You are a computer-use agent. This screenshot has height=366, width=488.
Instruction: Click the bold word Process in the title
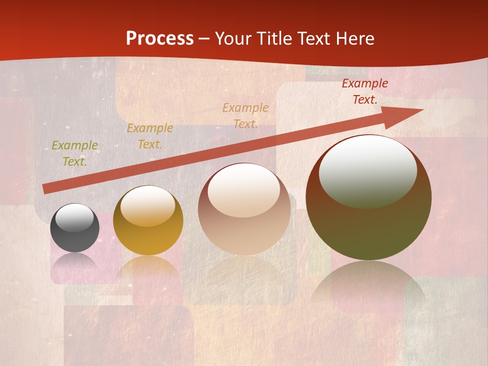click(x=160, y=39)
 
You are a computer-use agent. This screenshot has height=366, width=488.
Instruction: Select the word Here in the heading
click(x=355, y=39)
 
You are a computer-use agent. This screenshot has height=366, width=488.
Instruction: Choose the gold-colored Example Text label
click(x=150, y=136)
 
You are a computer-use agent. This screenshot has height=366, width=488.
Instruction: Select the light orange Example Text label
click(x=246, y=115)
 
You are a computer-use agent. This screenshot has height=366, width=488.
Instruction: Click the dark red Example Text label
click(x=365, y=91)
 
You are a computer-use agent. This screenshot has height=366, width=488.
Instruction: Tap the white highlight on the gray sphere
click(x=75, y=218)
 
